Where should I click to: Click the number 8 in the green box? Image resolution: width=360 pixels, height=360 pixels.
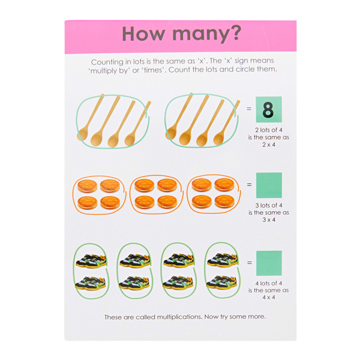point(268,110)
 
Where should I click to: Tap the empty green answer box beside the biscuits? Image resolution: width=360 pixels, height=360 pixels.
point(269,185)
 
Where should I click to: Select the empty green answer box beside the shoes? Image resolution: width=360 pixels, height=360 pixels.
point(269,263)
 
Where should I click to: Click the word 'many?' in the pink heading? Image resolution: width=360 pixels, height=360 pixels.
point(207,34)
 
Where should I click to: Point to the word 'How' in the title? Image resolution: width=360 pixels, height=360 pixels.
point(143,34)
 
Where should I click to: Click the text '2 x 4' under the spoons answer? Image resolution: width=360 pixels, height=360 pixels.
point(269,145)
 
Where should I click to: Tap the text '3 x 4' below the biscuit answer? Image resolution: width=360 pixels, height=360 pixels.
point(269,220)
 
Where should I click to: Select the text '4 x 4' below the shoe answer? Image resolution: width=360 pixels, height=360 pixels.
point(269,298)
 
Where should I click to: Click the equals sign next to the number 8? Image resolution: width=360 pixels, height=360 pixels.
point(249,109)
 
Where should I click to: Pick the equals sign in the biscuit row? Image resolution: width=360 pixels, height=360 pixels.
point(249,184)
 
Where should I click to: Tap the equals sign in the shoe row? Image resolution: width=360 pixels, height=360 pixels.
point(250,262)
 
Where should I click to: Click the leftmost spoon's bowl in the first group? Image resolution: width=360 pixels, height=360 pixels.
point(82,134)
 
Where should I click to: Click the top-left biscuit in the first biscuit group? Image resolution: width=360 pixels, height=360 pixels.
point(87,186)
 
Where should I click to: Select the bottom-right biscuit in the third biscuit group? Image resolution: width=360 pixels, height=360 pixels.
point(224,202)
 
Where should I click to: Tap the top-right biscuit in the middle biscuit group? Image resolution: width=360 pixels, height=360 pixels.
point(167,185)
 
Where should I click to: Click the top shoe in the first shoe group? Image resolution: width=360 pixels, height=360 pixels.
point(91,261)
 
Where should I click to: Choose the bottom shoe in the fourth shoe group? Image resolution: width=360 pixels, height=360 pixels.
point(222,282)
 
